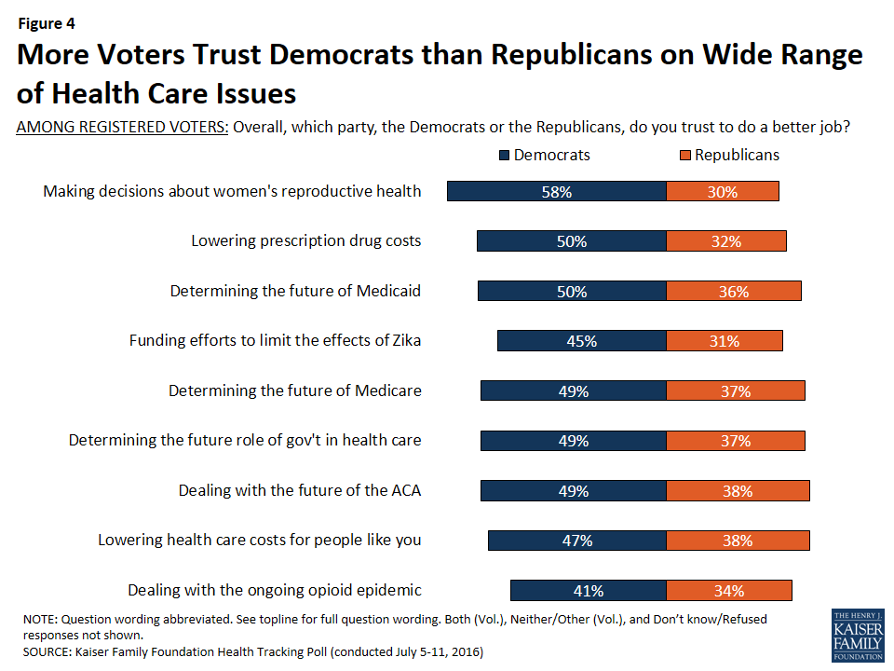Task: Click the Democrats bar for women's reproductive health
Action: coord(557,191)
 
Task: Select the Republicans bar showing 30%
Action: coord(723,191)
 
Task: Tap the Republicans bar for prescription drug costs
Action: coord(726,241)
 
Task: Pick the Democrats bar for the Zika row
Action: coord(582,341)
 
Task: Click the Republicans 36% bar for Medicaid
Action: coord(734,291)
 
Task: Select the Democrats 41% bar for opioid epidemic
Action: coord(589,590)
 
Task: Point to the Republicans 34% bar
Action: coord(729,590)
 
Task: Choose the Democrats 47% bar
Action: coord(577,541)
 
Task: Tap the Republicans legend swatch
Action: coord(686,155)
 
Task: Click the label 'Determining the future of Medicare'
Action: coord(295,390)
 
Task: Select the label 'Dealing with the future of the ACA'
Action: coord(300,490)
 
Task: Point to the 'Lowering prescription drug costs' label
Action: coord(306,240)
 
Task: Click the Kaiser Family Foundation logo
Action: coord(857,636)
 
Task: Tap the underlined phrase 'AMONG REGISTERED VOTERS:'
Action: coord(123,128)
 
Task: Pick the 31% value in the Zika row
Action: coord(725,341)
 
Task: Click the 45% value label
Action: coord(582,341)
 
